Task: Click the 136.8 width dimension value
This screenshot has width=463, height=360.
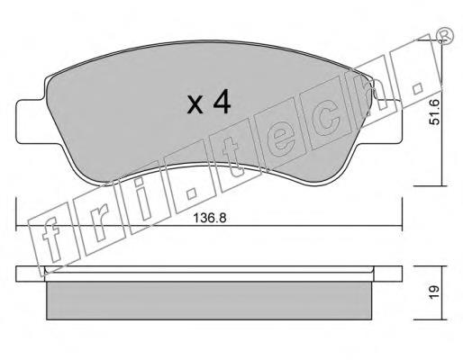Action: pos(209,218)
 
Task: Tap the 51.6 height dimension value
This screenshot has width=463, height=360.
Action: pos(434,112)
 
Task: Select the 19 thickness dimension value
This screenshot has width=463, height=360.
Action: pos(434,292)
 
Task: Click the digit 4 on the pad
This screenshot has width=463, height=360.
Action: pos(222,102)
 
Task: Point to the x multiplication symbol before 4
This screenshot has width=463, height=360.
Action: pos(195,105)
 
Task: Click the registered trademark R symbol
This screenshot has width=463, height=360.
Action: pos(445,36)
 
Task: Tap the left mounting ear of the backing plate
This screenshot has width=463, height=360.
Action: pos(30,121)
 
